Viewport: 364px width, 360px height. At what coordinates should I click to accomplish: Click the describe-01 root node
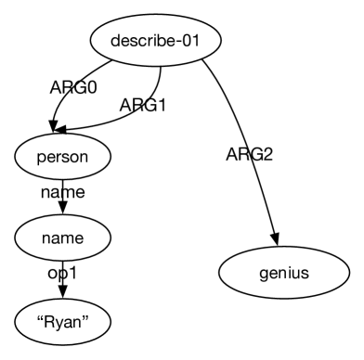pos(157,41)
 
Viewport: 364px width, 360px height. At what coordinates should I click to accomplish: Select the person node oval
pos(62,156)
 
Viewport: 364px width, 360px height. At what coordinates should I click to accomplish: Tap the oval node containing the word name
pos(62,238)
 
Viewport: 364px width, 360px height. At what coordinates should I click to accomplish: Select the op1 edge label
pos(62,276)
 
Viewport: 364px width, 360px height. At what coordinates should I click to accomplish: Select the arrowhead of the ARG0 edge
pos(57,129)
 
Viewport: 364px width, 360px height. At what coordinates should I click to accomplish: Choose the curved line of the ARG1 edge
pos(158,102)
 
